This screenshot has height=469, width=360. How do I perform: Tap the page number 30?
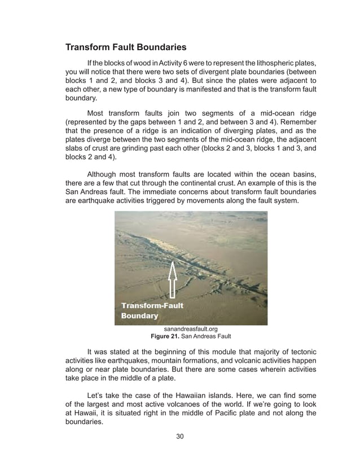pyautogui.click(x=179, y=436)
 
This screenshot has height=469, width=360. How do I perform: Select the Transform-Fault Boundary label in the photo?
pyautogui.click(x=152, y=310)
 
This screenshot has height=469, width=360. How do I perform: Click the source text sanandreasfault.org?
pyautogui.click(x=191, y=328)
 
